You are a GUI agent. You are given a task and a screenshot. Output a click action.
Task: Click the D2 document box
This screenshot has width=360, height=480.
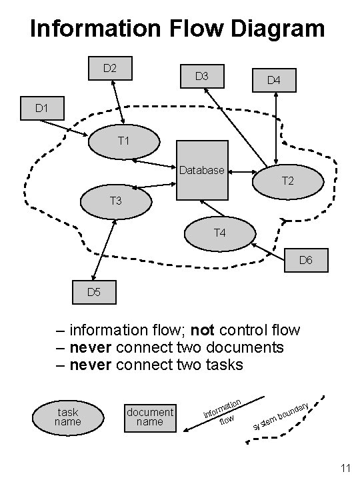coord(111,68)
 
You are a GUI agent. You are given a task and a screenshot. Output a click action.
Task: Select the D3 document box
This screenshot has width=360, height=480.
coord(201,77)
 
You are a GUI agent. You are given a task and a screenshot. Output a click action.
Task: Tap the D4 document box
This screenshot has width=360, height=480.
coord(274,80)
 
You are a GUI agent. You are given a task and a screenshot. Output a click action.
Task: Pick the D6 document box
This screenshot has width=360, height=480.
coord(306,260)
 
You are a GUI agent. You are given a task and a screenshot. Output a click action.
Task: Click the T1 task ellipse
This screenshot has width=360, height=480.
coord(123,141)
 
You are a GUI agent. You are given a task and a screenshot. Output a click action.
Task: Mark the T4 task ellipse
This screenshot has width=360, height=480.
coord(220,233)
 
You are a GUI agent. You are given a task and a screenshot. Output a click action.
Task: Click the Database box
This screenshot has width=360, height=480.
coord(202,170)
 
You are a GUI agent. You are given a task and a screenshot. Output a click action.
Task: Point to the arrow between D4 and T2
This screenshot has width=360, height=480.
coord(275,130)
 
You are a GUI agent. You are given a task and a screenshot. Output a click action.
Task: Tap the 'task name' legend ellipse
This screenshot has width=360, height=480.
coord(67,417)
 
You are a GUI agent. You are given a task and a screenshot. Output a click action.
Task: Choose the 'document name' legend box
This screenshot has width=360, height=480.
coord(150,417)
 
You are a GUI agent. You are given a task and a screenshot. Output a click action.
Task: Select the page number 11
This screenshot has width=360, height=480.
coord(345,469)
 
